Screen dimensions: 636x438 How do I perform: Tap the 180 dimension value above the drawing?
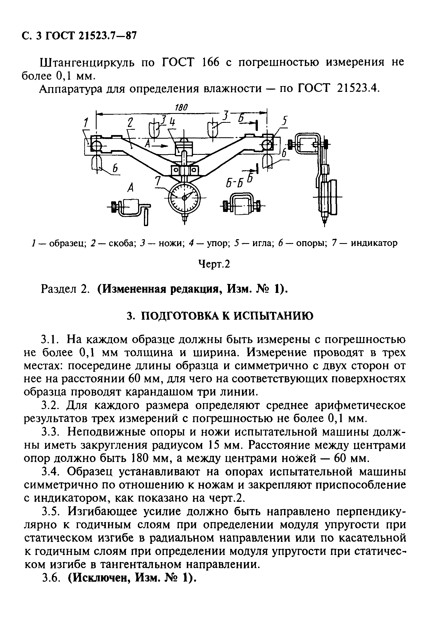[182, 107]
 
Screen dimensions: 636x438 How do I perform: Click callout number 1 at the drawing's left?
[86, 123]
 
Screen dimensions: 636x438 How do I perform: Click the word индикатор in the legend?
[374, 243]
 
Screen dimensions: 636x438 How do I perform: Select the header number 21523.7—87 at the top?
[107, 36]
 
